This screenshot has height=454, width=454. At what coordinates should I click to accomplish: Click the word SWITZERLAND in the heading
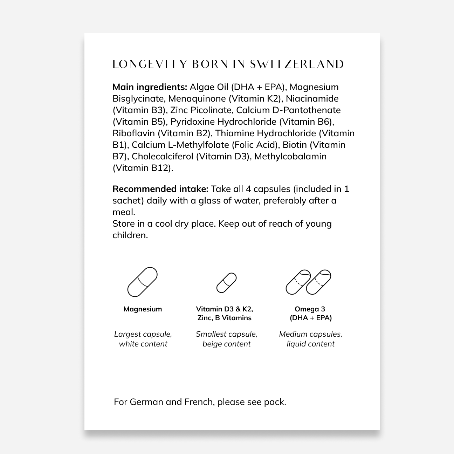pyautogui.click(x=297, y=64)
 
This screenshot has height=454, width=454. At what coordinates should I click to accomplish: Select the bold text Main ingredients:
pyautogui.click(x=150, y=87)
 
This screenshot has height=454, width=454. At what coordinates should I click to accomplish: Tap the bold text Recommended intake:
pyautogui.click(x=160, y=189)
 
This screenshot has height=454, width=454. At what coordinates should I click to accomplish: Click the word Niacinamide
pyautogui.click(x=312, y=98)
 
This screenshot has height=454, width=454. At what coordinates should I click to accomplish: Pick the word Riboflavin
pyautogui.click(x=133, y=133)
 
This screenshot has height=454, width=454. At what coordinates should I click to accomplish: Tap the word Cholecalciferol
pyautogui.click(x=163, y=156)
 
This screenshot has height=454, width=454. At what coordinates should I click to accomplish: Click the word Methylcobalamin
pyautogui.click(x=290, y=156)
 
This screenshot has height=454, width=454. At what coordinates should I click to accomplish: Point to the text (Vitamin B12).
pyautogui.click(x=143, y=168)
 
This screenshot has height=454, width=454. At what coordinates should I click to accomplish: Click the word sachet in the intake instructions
pyautogui.click(x=128, y=200)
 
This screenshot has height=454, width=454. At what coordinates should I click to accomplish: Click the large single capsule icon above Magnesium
pyautogui.click(x=142, y=282)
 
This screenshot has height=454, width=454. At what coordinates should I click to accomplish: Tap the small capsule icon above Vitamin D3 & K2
pyautogui.click(x=226, y=283)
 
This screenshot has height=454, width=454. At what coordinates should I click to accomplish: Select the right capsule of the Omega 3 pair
pyautogui.click(x=319, y=282)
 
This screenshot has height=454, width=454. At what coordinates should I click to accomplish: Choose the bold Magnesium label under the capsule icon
pyautogui.click(x=143, y=309)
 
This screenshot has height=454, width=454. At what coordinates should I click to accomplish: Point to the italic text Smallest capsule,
pyautogui.click(x=226, y=334)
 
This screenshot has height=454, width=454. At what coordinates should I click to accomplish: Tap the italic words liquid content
pyautogui.click(x=310, y=344)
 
